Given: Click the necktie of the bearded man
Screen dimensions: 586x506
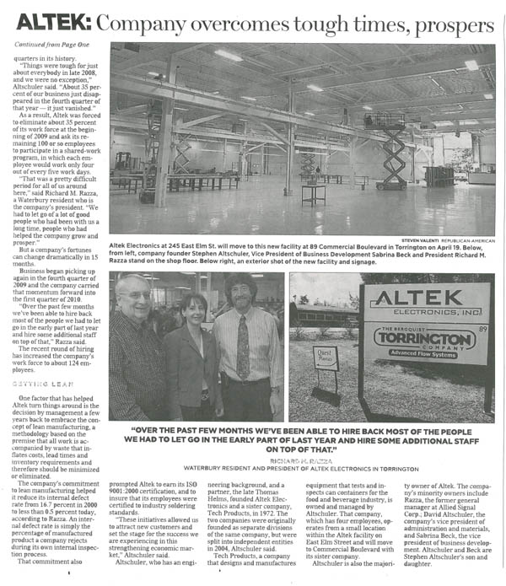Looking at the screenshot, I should click(x=243, y=346).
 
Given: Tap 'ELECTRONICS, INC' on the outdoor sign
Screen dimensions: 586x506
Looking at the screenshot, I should click(x=426, y=316).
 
